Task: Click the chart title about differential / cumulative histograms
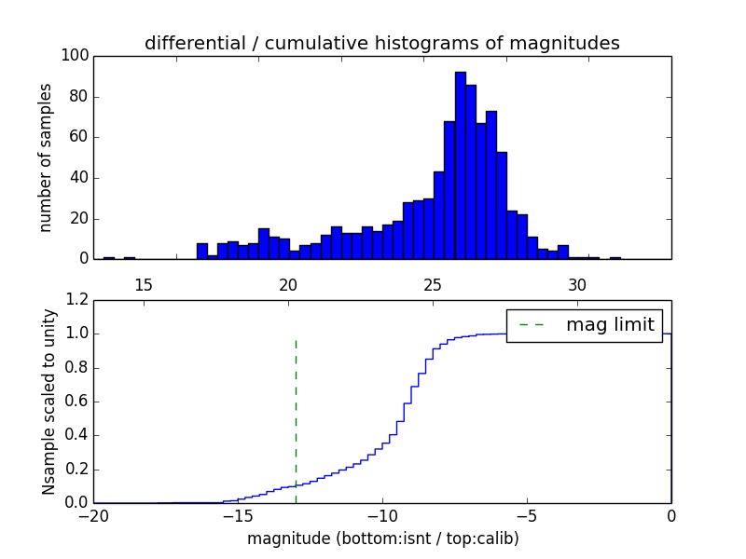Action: pos(382,43)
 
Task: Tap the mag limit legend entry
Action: pos(585,325)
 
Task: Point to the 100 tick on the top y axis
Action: pos(76,56)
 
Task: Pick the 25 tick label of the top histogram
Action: pos(433,283)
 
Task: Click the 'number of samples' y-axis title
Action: pos(46,157)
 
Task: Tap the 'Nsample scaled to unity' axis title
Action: pos(49,402)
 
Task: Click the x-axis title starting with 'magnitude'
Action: pos(382,539)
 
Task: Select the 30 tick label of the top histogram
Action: pos(577,283)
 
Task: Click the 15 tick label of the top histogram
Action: pos(144,283)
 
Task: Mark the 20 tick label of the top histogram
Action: pos(288,283)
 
